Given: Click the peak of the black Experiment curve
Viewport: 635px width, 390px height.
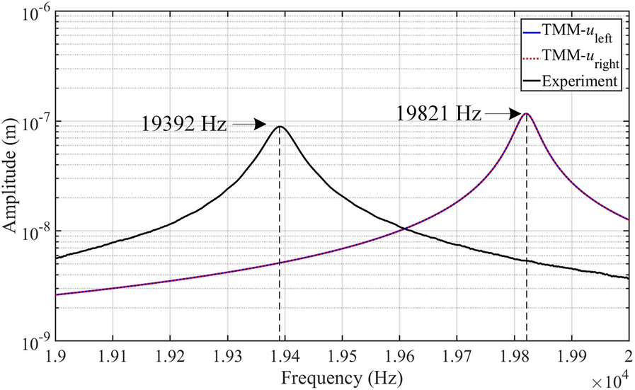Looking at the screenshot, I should (280, 127).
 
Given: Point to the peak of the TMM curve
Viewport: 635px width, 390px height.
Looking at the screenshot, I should (526, 113).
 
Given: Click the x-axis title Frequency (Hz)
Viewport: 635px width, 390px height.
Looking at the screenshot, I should (341, 377).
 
